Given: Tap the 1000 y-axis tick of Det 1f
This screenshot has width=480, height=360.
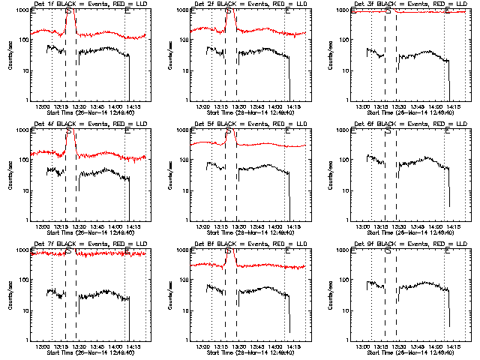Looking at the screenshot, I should tap(21, 10).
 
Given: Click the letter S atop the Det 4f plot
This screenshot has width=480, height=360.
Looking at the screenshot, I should tap(69, 131).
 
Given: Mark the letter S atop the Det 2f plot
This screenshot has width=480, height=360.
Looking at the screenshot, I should tap(228, 11).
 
